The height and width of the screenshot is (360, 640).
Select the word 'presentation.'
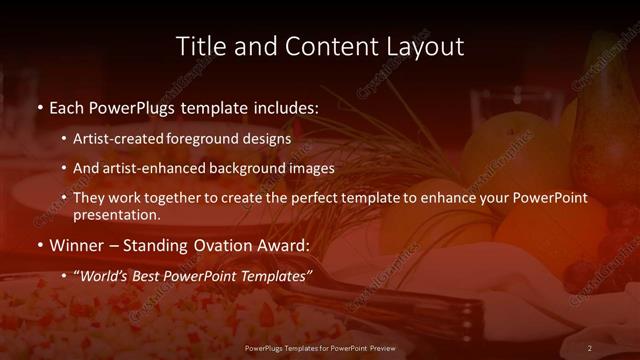[x=116, y=214]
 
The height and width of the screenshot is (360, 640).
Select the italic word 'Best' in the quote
[x=144, y=274]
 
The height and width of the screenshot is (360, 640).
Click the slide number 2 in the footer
[x=590, y=347]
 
